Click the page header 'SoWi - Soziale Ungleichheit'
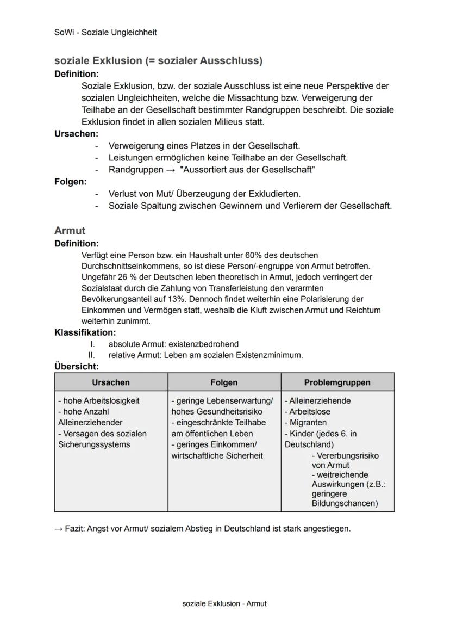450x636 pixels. pos(105,33)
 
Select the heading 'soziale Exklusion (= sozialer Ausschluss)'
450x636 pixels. pos(158,61)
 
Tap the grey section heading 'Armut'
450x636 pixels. pos(70,231)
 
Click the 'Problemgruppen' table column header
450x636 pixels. pos(337,382)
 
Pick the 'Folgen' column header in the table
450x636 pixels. pos(224,382)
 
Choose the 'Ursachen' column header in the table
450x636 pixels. pos(111,382)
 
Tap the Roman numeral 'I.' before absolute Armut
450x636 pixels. pos(93,344)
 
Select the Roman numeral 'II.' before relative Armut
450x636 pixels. pos(92,355)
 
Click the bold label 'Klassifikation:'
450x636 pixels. pos(85,332)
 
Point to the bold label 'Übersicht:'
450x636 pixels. pos(77,367)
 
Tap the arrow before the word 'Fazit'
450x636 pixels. pos(59,529)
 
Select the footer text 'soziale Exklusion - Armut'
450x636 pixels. pos(224,603)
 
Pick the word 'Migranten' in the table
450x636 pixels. pos(308,423)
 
